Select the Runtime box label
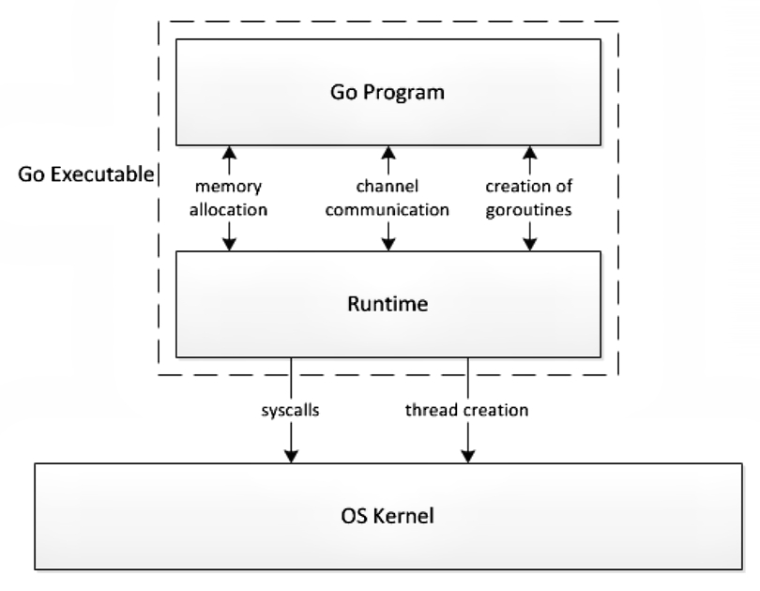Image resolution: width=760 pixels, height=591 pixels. [387, 304]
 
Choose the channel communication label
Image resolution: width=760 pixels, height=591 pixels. [387, 200]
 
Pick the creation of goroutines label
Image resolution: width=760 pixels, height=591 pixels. [529, 200]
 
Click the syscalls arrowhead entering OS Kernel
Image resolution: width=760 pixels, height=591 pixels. [293, 455]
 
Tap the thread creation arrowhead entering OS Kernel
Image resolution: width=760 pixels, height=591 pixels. [467, 455]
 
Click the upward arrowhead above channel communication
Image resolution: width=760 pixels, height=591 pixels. [387, 152]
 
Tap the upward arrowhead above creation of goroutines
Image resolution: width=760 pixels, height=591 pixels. [529, 152]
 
